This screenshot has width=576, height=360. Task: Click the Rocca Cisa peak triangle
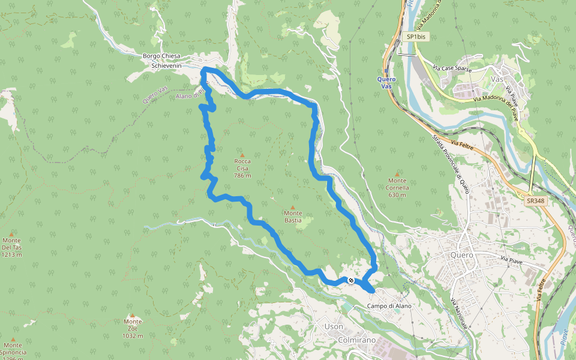pyautogui.click(x=242, y=155)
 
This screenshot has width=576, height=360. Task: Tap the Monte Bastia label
pyautogui.click(x=293, y=217)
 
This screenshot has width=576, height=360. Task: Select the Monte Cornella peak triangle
pyautogui.click(x=397, y=174)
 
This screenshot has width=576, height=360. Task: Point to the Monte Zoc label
pyautogui.click(x=133, y=324)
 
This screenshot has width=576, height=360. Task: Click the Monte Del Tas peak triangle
pyautogui.click(x=11, y=234)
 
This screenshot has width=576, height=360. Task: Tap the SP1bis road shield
pyautogui.click(x=416, y=37)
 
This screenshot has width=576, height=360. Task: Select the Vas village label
pyautogui.click(x=496, y=79)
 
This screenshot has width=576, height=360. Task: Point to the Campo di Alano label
pyautogui.click(x=390, y=306)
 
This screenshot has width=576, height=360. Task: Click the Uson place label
pyautogui.click(x=334, y=326)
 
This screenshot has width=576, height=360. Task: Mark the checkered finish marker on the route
pyautogui.click(x=351, y=280)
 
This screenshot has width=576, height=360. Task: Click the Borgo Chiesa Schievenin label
pyautogui.click(x=162, y=61)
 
